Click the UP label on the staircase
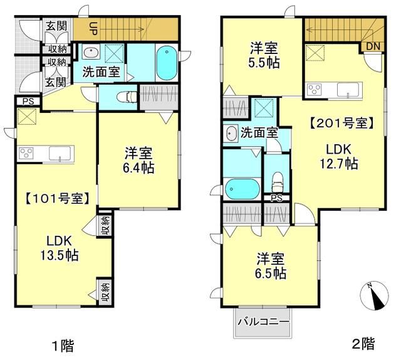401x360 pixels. pos(93,28)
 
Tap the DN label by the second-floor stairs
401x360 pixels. pos(372,46)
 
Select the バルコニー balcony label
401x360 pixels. pos(263,323)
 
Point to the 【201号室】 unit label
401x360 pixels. pos(342,124)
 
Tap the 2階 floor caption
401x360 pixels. pos(363,343)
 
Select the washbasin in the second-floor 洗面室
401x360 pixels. pos(230,133)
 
